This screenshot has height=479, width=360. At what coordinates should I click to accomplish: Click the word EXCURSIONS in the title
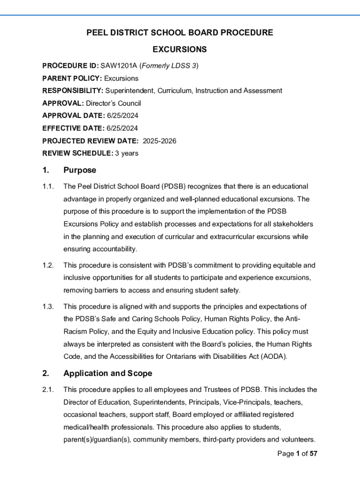point(180,50)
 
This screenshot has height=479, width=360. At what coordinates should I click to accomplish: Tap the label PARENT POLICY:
point(72,78)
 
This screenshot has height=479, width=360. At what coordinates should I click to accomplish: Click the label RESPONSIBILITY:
point(72,91)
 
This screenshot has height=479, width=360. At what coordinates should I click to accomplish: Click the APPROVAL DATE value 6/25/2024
point(123,116)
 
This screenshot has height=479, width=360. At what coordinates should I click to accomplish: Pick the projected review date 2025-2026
point(159,141)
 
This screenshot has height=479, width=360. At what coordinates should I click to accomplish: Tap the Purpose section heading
point(80,170)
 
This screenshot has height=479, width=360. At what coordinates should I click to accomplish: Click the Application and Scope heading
point(108,373)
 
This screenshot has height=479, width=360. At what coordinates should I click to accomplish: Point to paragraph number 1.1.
point(48,187)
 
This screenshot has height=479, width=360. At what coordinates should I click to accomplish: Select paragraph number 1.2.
point(48,265)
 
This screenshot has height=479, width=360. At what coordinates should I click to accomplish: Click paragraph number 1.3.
point(48,307)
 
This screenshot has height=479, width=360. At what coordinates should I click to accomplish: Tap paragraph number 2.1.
point(48,390)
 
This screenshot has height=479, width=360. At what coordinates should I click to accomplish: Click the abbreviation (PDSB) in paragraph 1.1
point(174,187)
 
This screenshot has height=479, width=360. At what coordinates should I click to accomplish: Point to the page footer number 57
point(314,454)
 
